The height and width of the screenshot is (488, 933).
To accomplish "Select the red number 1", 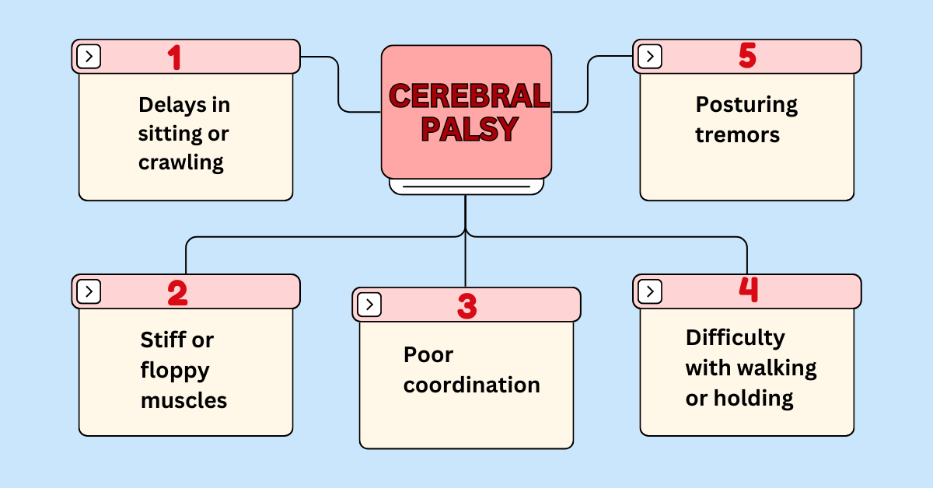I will click(175, 57).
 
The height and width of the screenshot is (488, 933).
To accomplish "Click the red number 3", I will click(466, 305).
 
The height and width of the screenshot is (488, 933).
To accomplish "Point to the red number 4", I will click(748, 290).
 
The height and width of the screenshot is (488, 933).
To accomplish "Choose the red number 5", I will click(747, 57).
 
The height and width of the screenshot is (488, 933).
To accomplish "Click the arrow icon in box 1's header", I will click(89, 57).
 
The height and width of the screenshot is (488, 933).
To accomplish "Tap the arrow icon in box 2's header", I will click(89, 291).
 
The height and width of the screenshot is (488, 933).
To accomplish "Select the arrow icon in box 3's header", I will click(369, 305).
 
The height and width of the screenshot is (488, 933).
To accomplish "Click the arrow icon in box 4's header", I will click(650, 291).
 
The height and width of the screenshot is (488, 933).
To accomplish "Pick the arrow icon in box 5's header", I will click(650, 57).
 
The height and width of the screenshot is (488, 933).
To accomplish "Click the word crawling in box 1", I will click(181, 163).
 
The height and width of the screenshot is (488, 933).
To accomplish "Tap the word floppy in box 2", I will click(175, 370).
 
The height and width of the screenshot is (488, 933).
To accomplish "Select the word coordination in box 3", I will click(471, 385).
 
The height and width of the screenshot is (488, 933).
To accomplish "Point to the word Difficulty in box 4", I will click(735, 338).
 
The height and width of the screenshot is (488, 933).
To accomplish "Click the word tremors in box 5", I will click(737, 134).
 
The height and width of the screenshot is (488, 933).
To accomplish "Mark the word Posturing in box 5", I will click(746, 105).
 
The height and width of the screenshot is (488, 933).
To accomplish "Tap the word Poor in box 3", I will click(428, 355).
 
